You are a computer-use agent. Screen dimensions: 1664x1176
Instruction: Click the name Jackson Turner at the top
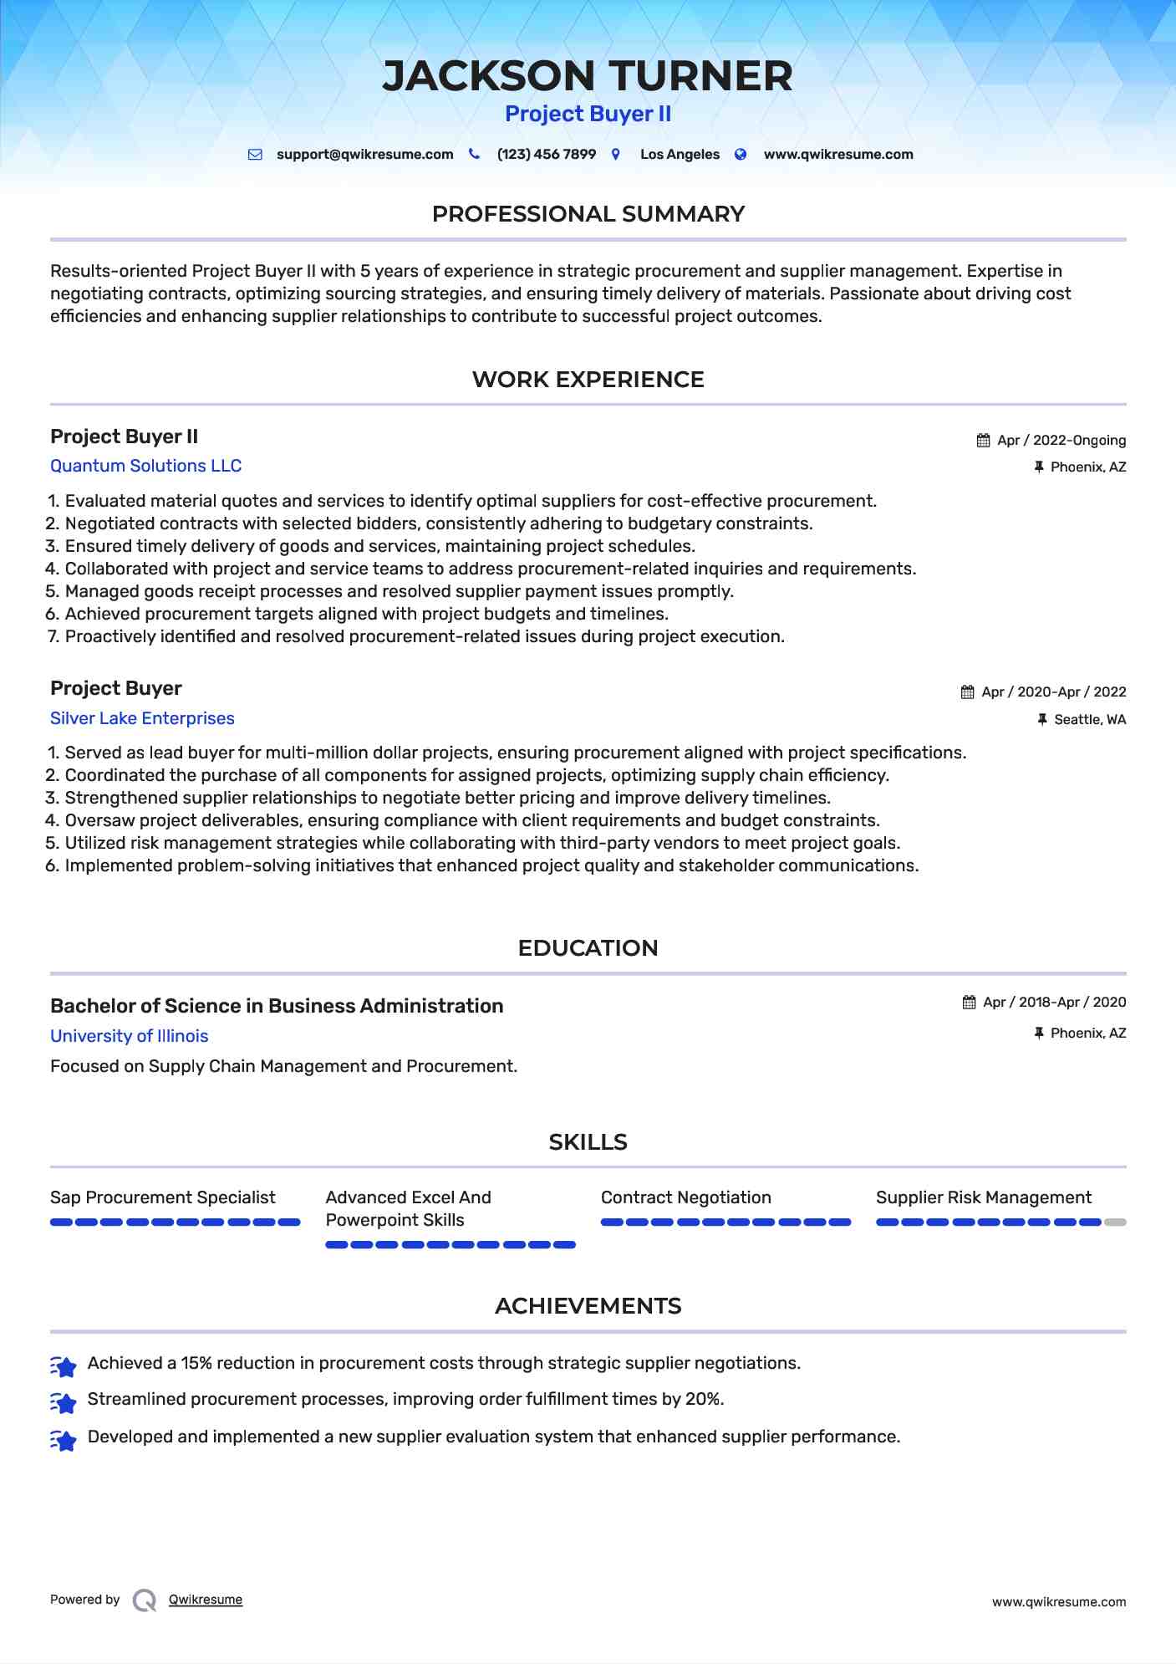pos(588,76)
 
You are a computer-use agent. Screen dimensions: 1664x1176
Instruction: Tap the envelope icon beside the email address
pos(255,155)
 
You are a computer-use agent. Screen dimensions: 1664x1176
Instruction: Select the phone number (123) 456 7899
pos(546,155)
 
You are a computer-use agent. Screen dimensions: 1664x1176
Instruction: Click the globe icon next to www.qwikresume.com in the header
pos(741,155)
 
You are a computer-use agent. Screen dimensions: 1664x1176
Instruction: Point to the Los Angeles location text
pos(680,155)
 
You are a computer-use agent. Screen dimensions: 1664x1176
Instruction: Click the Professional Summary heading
pos(588,214)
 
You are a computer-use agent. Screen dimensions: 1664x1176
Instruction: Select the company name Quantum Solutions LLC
pos(145,466)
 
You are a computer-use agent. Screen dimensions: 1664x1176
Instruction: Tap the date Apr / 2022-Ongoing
pos(1061,441)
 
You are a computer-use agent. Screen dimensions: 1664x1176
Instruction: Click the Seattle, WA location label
pos(1090,720)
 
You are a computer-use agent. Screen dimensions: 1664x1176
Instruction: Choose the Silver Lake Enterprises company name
pos(142,718)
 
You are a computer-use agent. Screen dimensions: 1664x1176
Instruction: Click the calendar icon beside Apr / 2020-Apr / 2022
pos(968,692)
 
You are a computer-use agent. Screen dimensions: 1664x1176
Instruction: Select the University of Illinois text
pos(129,1036)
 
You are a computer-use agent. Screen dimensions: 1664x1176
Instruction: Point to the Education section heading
pos(588,948)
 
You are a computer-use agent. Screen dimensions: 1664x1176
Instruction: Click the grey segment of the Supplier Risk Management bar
pos(1115,1222)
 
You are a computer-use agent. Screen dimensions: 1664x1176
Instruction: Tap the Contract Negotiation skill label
pos(685,1197)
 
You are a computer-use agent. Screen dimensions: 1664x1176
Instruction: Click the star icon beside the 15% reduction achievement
pos(64,1365)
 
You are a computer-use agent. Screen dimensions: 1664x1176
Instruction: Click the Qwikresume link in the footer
pos(206,1600)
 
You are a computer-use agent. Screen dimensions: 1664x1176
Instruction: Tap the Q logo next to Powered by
pos(145,1600)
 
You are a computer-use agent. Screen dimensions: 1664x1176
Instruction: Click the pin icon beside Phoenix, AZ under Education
pos(1039,1034)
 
